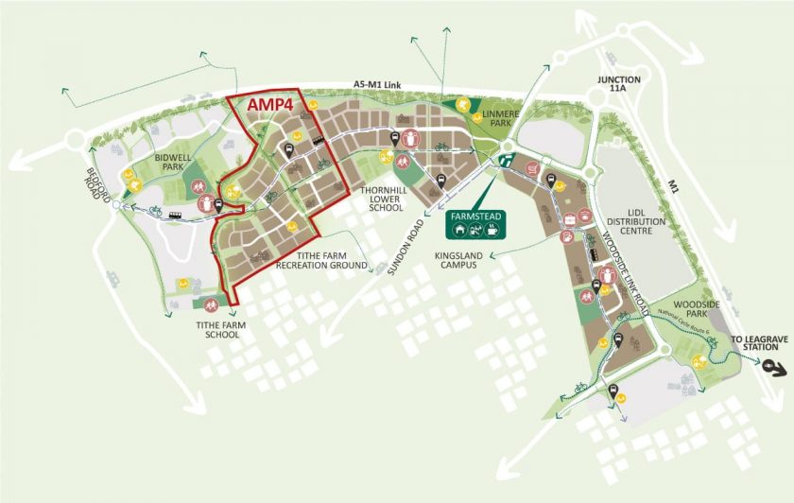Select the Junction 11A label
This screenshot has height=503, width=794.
(619, 85)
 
